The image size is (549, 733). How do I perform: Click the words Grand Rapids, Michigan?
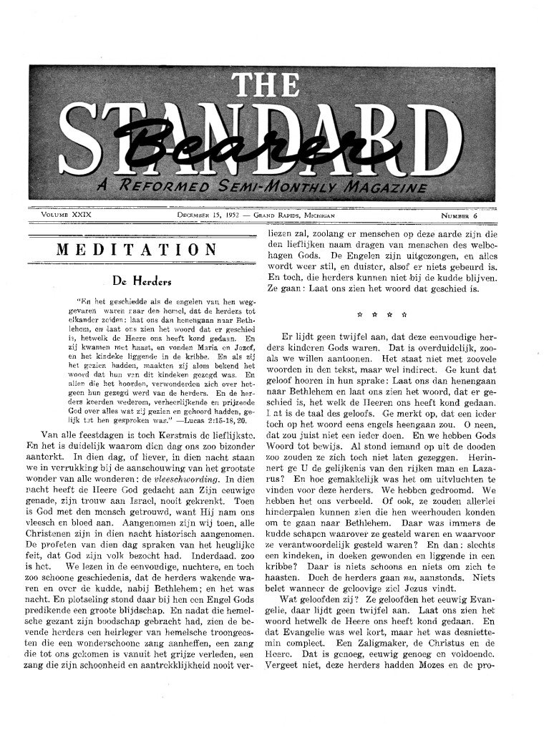pyautogui.click(x=293, y=215)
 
